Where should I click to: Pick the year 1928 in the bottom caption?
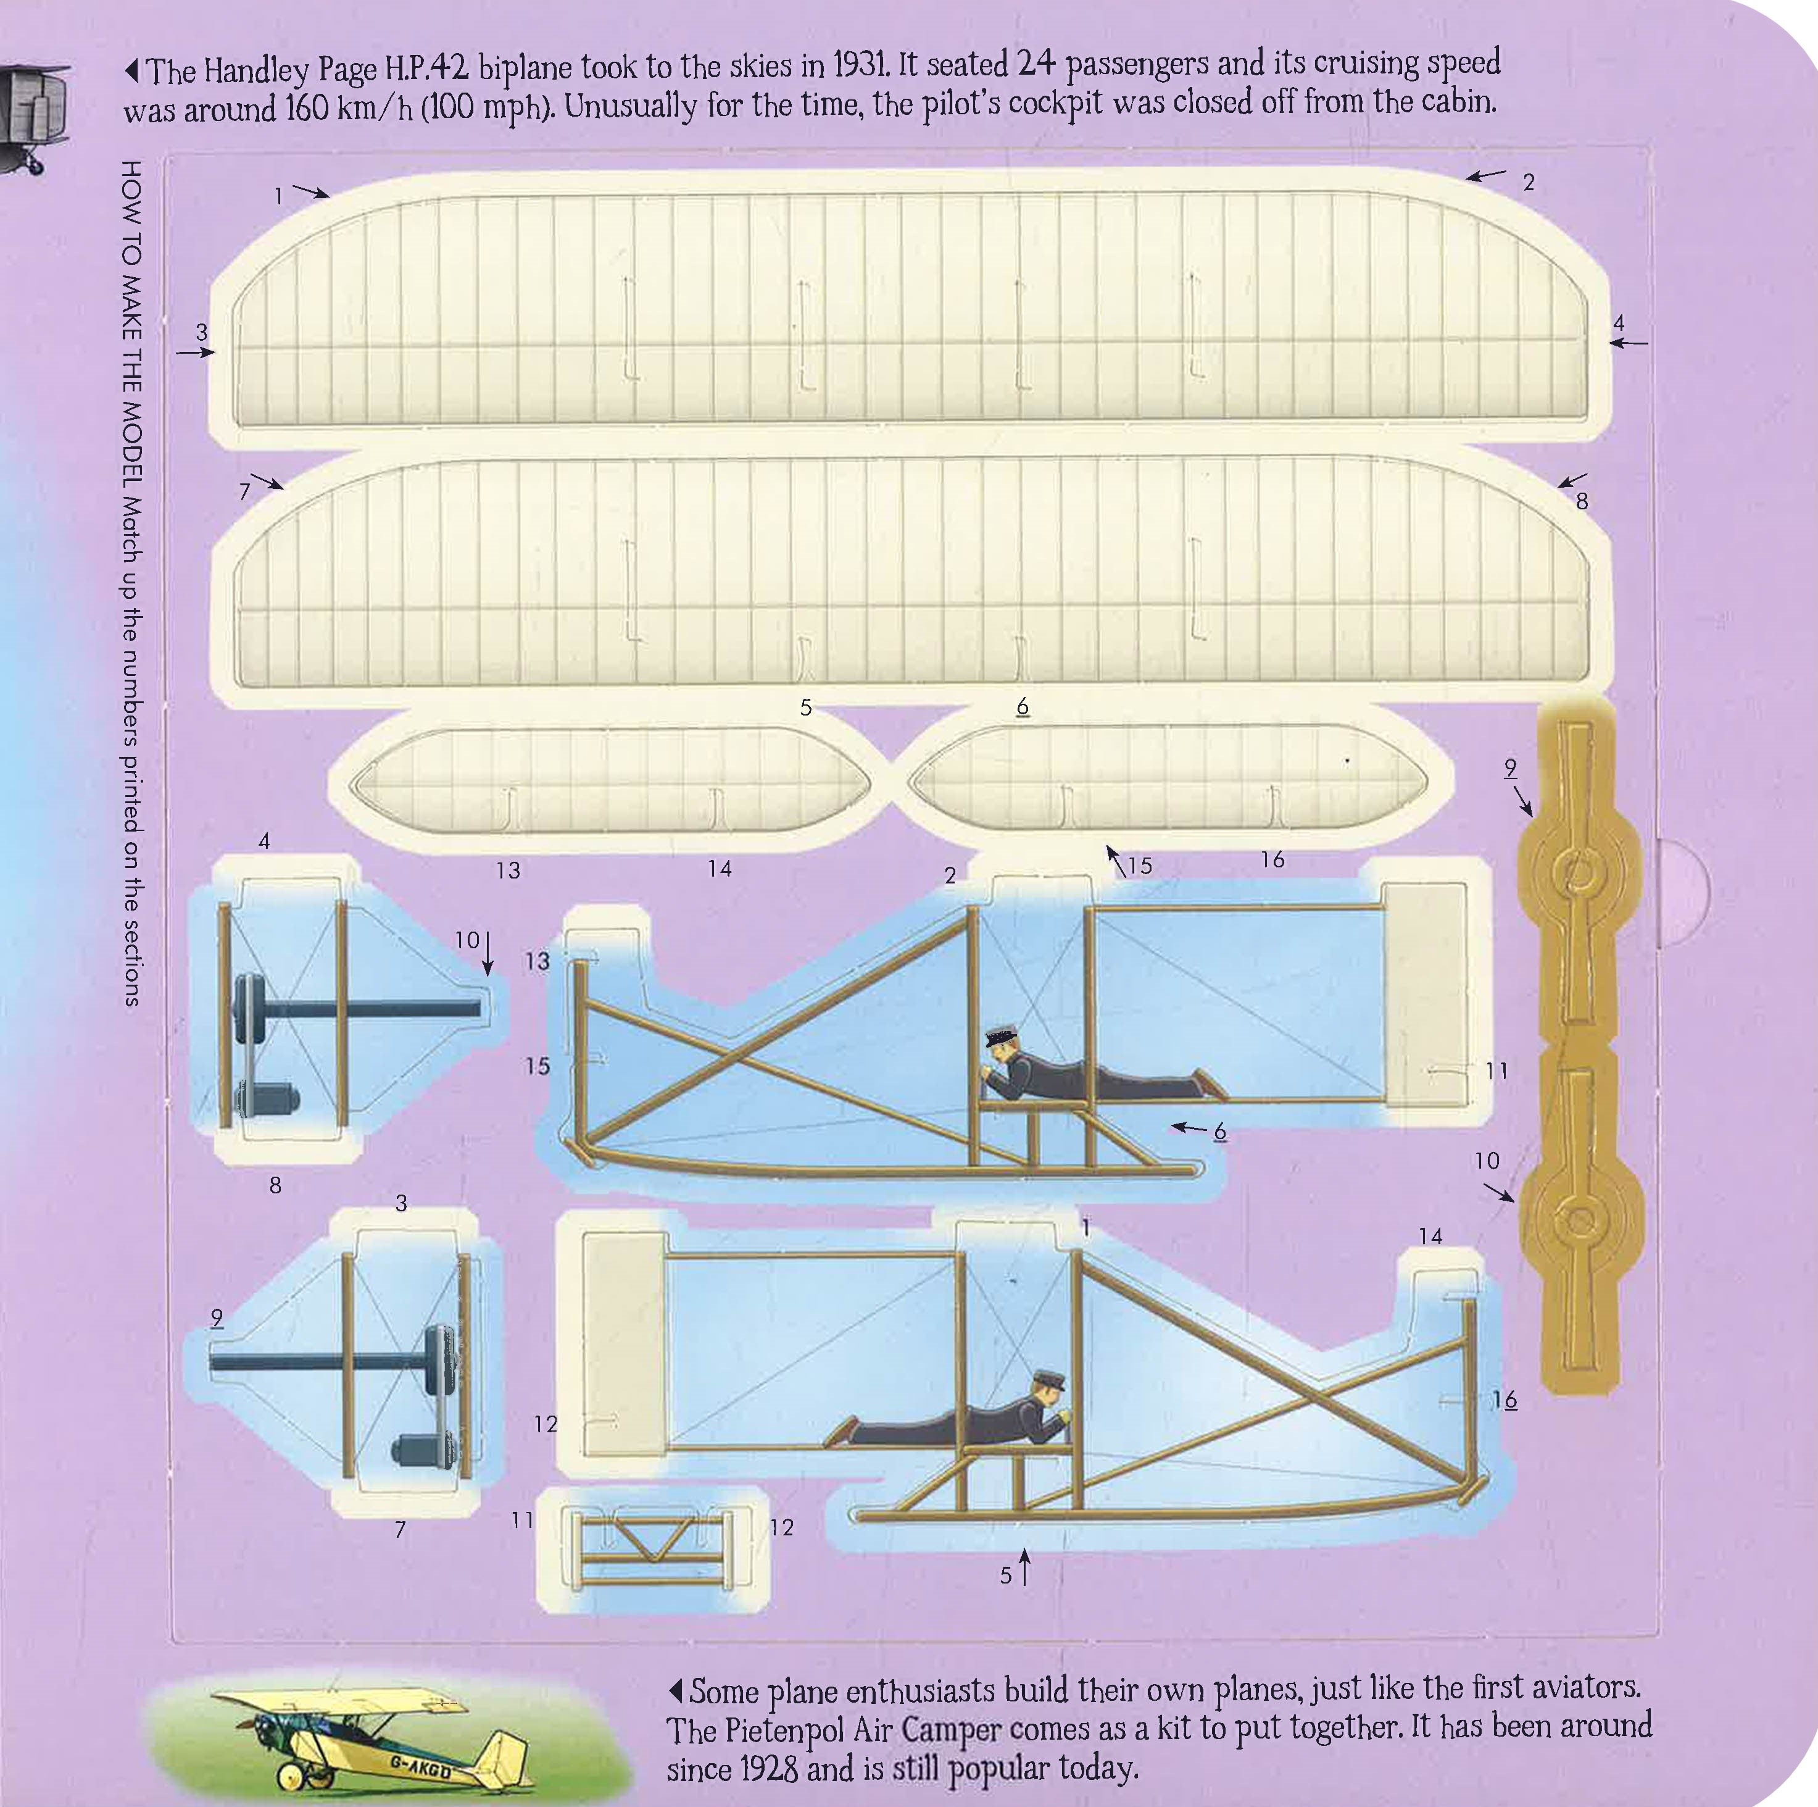(769, 1769)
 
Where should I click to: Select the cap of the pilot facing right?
(1049, 1380)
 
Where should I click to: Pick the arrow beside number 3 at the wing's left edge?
(195, 353)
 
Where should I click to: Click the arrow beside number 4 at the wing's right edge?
(1628, 343)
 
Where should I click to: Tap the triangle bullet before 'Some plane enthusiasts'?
(674, 1689)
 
